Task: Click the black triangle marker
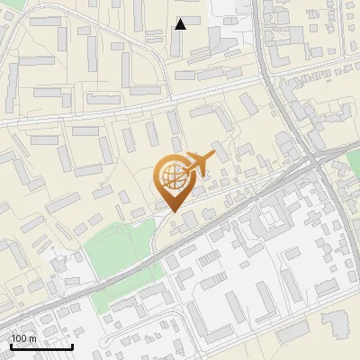click(x=181, y=24)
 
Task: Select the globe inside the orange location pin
click(x=171, y=177)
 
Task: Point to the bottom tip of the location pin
click(x=172, y=211)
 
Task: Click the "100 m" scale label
click(x=23, y=338)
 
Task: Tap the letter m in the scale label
click(x=31, y=338)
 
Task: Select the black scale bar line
click(x=41, y=347)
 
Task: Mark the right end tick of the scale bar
click(x=72, y=346)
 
